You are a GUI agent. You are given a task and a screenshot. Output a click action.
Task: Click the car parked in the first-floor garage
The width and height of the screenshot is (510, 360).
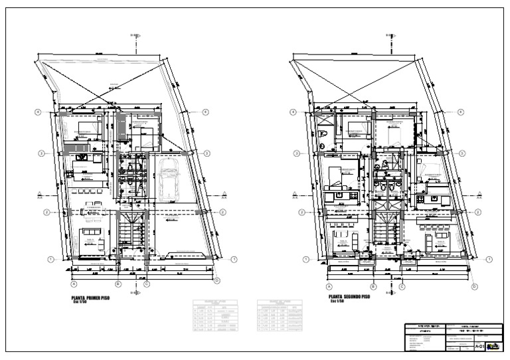pos(171,179)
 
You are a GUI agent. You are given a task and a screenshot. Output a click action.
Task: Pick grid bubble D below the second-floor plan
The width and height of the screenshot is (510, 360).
pos(474,286)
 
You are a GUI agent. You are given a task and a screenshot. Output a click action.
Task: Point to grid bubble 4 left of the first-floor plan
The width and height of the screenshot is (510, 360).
pos(39,112)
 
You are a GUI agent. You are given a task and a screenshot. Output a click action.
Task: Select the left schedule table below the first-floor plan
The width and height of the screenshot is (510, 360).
pos(215,316)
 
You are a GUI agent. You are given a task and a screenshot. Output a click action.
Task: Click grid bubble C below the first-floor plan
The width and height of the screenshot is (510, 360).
pos(146,284)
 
